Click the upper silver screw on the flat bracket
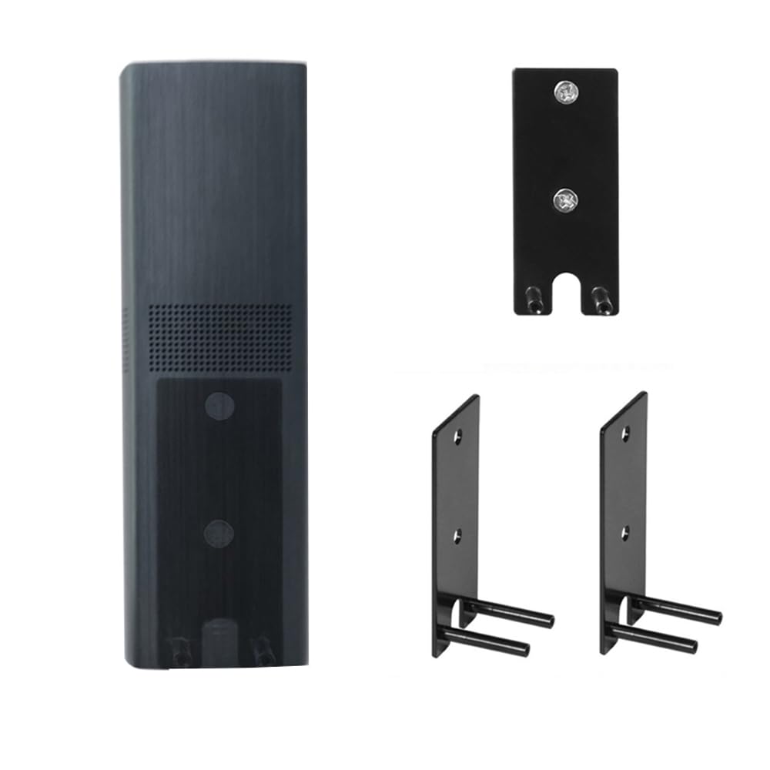click(x=564, y=93)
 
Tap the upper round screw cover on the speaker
click(x=220, y=403)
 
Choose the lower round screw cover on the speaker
click(x=219, y=533)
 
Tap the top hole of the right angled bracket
click(x=627, y=434)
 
